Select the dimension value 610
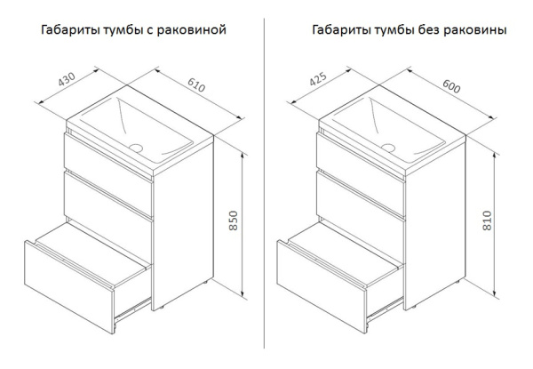(x=195, y=87)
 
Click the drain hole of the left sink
(x=136, y=144)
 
